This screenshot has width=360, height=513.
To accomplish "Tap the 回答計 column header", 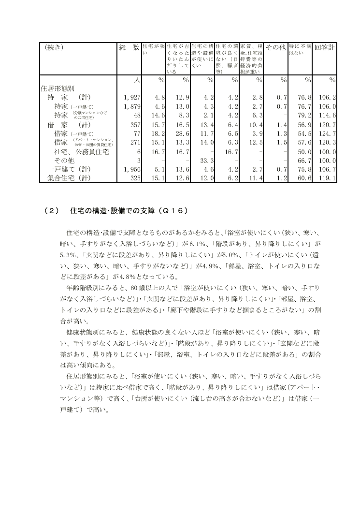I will click(x=325, y=48).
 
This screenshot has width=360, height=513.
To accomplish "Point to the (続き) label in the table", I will click(x=54, y=48).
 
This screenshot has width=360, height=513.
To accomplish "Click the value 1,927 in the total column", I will click(x=131, y=98).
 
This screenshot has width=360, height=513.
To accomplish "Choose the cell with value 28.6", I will click(x=182, y=133).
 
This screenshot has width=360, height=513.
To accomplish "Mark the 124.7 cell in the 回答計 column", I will click(x=328, y=133).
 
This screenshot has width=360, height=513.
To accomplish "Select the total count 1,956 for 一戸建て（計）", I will click(x=131, y=170).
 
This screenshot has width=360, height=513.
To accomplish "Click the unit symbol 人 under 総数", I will click(x=136, y=80).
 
